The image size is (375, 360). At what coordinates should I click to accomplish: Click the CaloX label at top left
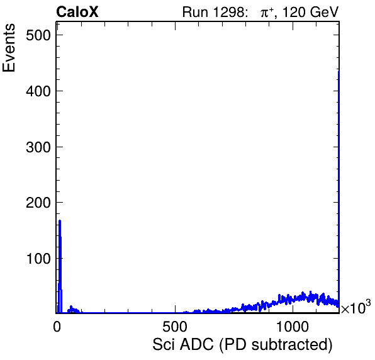pos(77,12)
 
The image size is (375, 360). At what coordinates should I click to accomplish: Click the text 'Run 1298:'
pos(214,12)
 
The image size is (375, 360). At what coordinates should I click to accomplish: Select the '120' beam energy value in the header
pos(294,12)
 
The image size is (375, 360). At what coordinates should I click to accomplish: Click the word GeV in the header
pos(324,12)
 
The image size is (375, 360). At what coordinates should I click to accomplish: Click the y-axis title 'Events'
pos(9,48)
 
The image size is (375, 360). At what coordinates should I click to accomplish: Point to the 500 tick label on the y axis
pos(38,35)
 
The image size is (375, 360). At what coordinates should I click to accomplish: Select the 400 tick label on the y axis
pos(38,91)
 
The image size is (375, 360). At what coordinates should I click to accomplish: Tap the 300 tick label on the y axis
pos(38,147)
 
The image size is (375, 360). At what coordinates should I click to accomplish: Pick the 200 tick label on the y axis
pos(38,203)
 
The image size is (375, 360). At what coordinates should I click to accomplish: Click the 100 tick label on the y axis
pos(38,259)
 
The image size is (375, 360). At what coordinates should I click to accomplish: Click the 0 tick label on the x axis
pos(57,327)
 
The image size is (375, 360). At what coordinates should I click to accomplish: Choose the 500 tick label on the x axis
pos(175,327)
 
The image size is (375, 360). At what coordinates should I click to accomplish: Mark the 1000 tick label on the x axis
pos(293,327)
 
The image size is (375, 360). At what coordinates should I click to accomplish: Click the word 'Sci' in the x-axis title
pos(164,345)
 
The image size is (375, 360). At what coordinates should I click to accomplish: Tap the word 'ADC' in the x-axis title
pos(196,345)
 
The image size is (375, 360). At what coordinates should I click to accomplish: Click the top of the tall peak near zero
pos(60,220)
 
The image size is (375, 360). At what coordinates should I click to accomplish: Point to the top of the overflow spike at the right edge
pos(339,71)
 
